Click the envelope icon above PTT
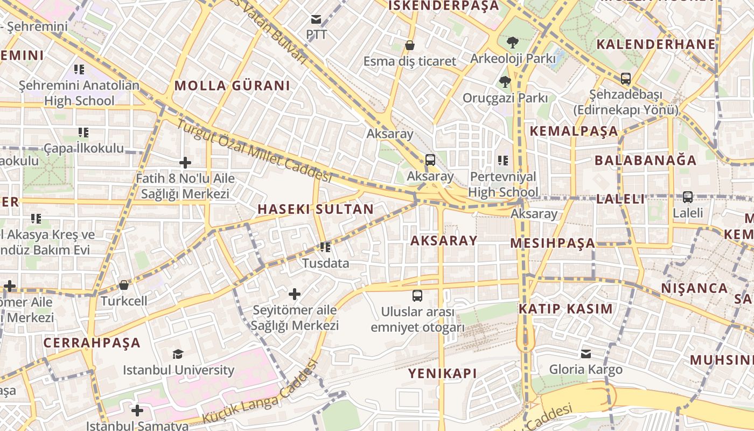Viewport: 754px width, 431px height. pyautogui.click(x=316, y=20)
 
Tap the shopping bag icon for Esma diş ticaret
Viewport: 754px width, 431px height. pyautogui.click(x=409, y=45)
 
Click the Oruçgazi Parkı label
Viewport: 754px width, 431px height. pyautogui.click(x=505, y=98)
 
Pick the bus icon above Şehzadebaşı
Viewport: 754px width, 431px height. pyautogui.click(x=625, y=79)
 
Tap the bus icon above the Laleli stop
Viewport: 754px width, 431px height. pyautogui.click(x=687, y=197)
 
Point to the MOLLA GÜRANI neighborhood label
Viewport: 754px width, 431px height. pyautogui.click(x=232, y=86)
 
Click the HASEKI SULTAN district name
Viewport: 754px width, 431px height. pyautogui.click(x=316, y=209)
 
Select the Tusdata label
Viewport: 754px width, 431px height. pyautogui.click(x=325, y=263)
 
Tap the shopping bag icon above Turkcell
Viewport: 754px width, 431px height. pyautogui.click(x=124, y=285)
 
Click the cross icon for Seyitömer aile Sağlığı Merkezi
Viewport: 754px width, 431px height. pyautogui.click(x=294, y=294)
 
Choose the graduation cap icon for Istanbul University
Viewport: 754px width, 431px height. pyautogui.click(x=178, y=354)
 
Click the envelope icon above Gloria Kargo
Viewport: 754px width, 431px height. pyautogui.click(x=585, y=354)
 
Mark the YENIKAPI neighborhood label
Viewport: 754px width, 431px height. pyautogui.click(x=442, y=373)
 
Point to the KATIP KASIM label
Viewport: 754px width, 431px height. pyautogui.click(x=565, y=309)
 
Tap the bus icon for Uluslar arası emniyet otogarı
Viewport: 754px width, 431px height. pyautogui.click(x=417, y=295)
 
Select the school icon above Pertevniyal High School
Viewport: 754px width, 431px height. pyautogui.click(x=503, y=160)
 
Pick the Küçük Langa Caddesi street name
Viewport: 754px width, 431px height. pyautogui.click(x=260, y=392)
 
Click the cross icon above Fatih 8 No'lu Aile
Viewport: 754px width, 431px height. pyautogui.click(x=185, y=163)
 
